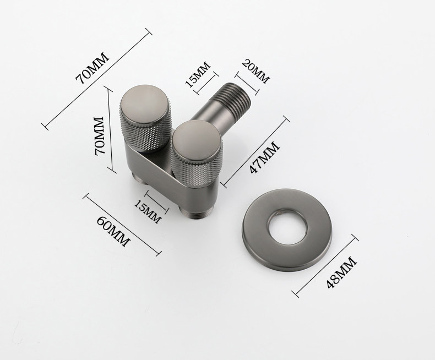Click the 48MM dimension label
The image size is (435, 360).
341,273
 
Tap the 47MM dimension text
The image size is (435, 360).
264,157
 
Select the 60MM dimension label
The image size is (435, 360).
113,231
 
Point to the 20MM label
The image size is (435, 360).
255,71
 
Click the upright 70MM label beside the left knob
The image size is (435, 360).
99,135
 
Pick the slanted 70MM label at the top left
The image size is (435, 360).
93,68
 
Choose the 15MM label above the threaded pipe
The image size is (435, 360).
198,74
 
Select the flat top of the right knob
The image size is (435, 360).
196,140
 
